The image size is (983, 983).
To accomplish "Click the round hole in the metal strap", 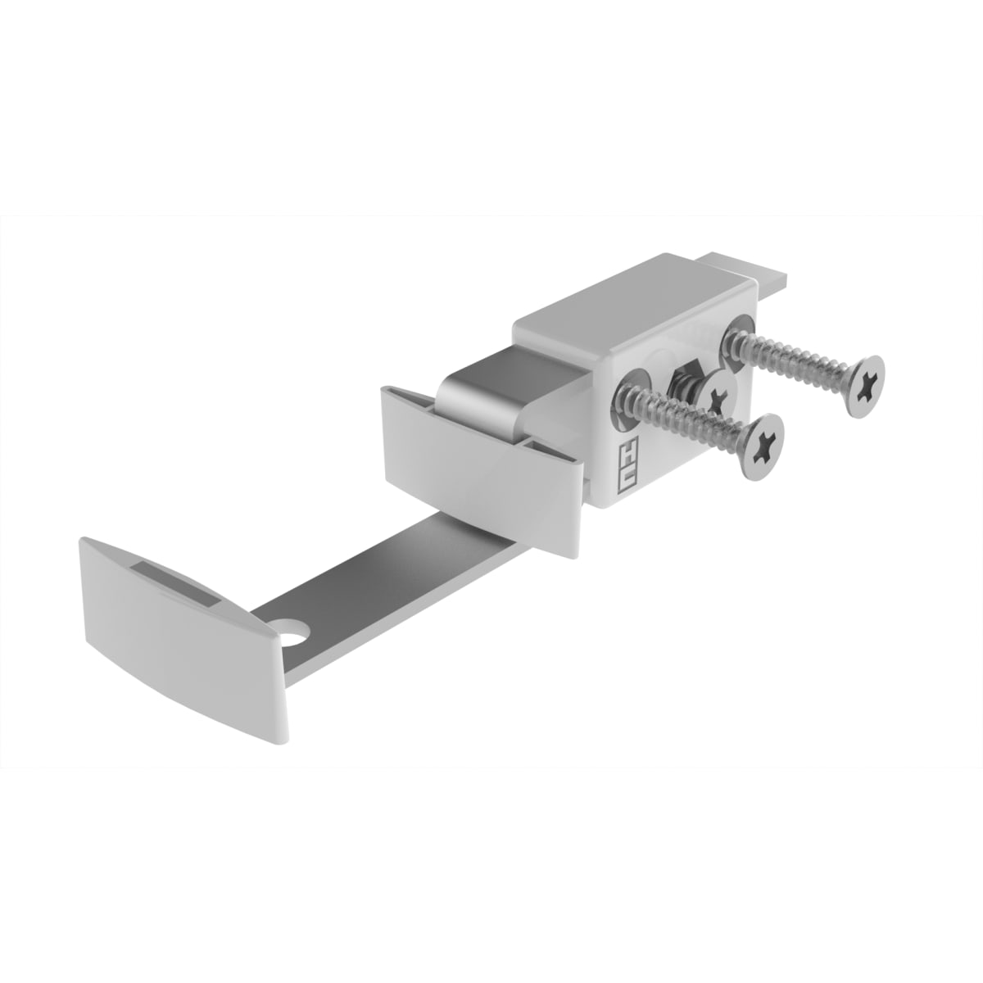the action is pyautogui.click(x=297, y=631).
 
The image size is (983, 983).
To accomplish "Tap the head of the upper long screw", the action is pyautogui.click(x=865, y=387).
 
